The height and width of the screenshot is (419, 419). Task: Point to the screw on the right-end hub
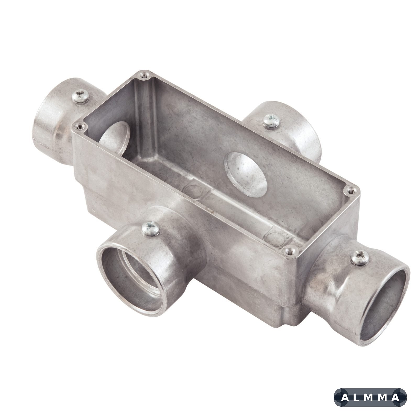tap(361, 258)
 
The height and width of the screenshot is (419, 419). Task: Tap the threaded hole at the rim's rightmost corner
tap(351, 191)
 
